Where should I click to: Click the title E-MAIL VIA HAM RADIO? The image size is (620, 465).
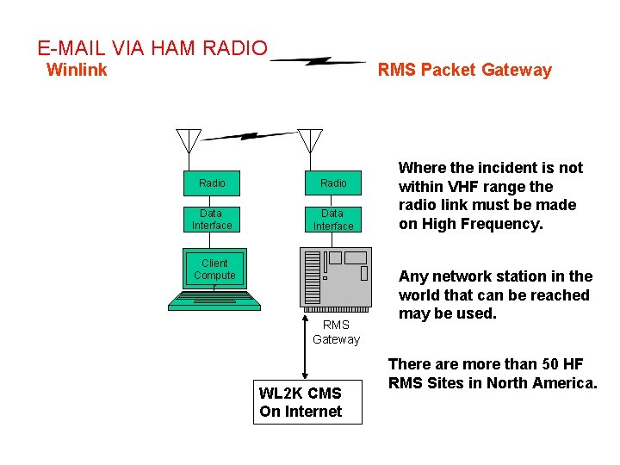pyautogui.click(x=152, y=48)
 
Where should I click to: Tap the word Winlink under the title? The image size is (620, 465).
pyautogui.click(x=77, y=70)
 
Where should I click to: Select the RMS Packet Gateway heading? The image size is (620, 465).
pyautogui.click(x=465, y=71)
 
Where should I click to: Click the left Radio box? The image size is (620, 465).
pyautogui.click(x=212, y=183)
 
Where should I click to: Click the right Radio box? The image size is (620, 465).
pyautogui.click(x=333, y=183)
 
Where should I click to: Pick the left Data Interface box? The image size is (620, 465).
pyautogui.click(x=212, y=220)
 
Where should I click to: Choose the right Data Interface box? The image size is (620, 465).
pyautogui.click(x=333, y=220)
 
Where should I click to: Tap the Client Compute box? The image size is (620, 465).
pyautogui.click(x=214, y=269)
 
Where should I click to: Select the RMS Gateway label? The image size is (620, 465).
pyautogui.click(x=336, y=332)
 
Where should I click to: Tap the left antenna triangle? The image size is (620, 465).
pyautogui.click(x=189, y=140)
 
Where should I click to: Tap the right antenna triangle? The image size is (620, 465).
pyautogui.click(x=310, y=140)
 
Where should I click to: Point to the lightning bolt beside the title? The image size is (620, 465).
pyautogui.click(x=319, y=61)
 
